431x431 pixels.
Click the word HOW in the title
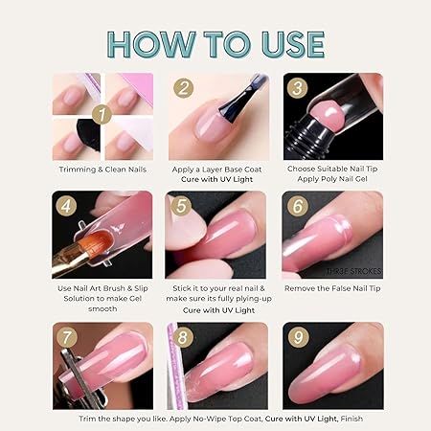150,44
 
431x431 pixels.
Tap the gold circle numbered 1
102,115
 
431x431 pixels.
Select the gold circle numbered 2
183,88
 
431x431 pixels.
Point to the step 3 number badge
297,87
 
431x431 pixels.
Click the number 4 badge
66,206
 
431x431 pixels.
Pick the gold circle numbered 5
181,206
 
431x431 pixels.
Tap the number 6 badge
298,206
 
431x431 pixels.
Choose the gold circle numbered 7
67,337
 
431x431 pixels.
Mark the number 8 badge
183,337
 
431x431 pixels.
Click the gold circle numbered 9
298,337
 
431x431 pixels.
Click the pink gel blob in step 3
326,115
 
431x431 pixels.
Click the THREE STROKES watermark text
353,271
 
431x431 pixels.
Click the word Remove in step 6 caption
296,288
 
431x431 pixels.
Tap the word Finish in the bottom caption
352,419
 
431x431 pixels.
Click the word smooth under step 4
102,309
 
